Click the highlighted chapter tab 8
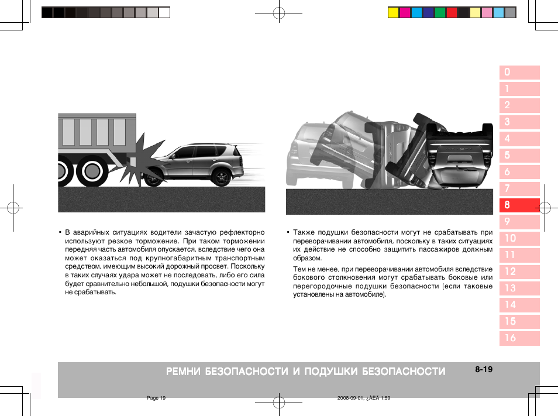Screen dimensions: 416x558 pyautogui.click(x=519, y=205)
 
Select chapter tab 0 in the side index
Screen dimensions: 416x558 pyautogui.click(x=519, y=73)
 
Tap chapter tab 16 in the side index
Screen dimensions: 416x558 pyautogui.click(x=519, y=338)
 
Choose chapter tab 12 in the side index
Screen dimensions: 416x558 pyautogui.click(x=519, y=271)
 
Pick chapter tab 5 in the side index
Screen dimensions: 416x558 pyautogui.click(x=519, y=156)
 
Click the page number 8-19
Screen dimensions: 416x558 pyautogui.click(x=484, y=369)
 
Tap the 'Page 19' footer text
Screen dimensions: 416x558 pyautogui.click(x=156, y=398)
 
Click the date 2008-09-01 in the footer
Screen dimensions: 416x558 pyautogui.click(x=350, y=398)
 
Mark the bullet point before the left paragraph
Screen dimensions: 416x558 pyautogui.click(x=60, y=232)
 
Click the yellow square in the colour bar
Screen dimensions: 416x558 pyautogui.click(x=394, y=12)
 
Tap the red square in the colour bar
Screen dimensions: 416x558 pyautogui.click(x=452, y=12)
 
